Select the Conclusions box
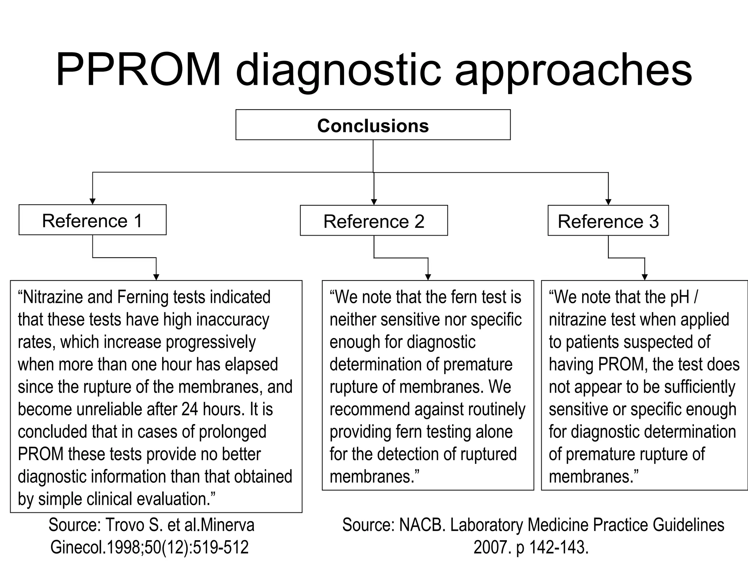click(373, 125)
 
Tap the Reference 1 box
click(92, 220)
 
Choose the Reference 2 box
click(374, 221)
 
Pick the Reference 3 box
click(608, 221)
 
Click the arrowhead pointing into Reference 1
click(92, 201)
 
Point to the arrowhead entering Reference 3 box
click(608, 202)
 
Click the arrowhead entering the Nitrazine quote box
click(156, 277)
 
